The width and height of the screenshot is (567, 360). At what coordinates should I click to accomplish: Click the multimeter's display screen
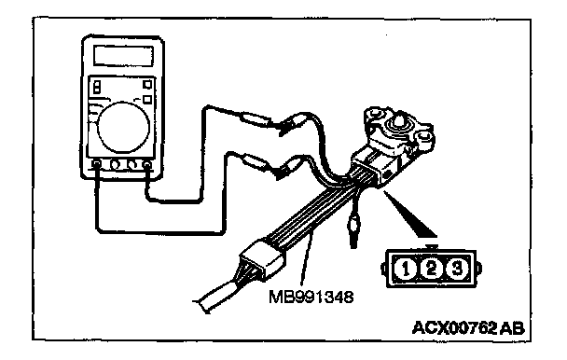[x=123, y=55]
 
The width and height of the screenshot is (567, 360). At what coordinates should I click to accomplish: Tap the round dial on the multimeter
[x=123, y=127]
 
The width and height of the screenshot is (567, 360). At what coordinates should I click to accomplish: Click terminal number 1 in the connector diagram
[x=406, y=270]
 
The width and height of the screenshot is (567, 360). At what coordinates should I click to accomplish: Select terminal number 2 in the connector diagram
[x=432, y=269]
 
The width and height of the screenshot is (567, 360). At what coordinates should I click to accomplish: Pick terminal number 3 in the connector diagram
[x=457, y=269]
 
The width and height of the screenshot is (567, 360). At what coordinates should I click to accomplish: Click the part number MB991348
[x=311, y=297]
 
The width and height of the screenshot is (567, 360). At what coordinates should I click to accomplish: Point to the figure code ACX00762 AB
[x=468, y=328]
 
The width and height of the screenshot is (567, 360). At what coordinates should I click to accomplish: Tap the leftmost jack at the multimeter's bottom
[x=96, y=165]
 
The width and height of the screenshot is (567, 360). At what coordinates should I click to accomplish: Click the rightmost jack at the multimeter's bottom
[x=147, y=165]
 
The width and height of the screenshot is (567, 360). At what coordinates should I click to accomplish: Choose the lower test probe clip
[x=288, y=168]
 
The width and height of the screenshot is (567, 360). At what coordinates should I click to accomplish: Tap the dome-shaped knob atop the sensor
[x=397, y=122]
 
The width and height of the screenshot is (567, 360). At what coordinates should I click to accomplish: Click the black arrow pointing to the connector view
[x=410, y=215]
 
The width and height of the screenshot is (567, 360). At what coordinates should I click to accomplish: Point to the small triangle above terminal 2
[x=432, y=247]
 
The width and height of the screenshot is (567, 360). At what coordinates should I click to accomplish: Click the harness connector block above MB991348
[x=261, y=260]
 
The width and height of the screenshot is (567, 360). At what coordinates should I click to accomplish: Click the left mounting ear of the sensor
[x=375, y=115]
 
